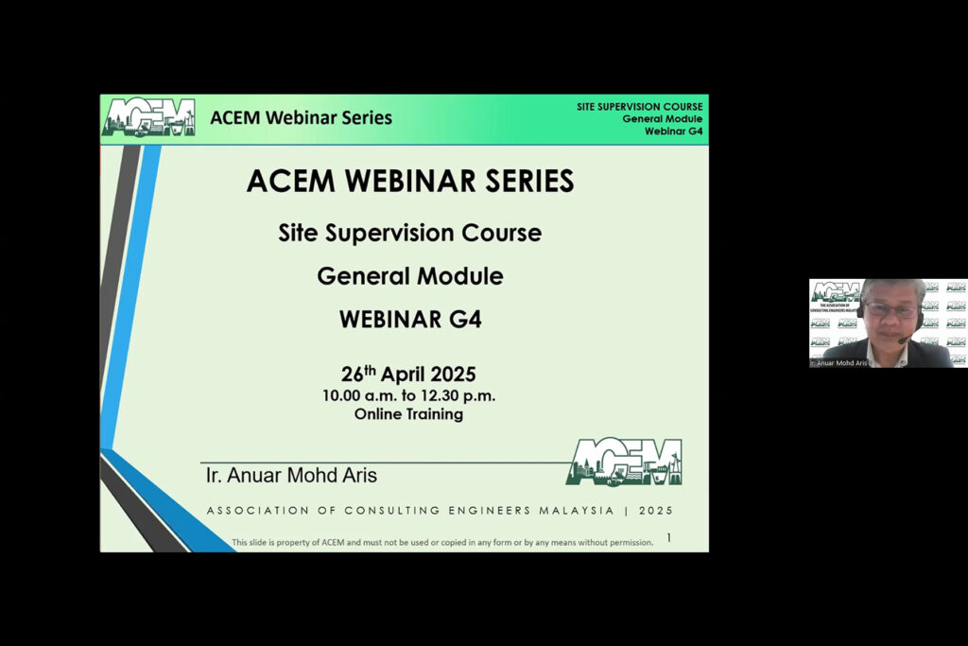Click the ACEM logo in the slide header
[x=148, y=118]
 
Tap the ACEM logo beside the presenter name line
[x=624, y=462]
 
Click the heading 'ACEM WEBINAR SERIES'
[x=409, y=181]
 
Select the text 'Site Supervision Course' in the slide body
[x=409, y=233]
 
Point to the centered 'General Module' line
[x=409, y=276]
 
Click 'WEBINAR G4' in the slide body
[x=409, y=320]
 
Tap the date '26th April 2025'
[x=408, y=374]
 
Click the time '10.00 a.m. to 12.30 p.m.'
[x=408, y=395]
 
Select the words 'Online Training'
[x=408, y=413]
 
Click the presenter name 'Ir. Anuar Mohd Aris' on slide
[x=291, y=475]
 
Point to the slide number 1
[x=669, y=538]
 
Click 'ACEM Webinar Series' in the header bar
[x=301, y=118]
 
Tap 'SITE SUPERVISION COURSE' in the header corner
[x=639, y=107]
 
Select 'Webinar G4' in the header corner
[x=673, y=131]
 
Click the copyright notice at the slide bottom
[x=442, y=543]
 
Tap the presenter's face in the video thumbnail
[x=890, y=313]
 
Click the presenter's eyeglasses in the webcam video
[x=890, y=309]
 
